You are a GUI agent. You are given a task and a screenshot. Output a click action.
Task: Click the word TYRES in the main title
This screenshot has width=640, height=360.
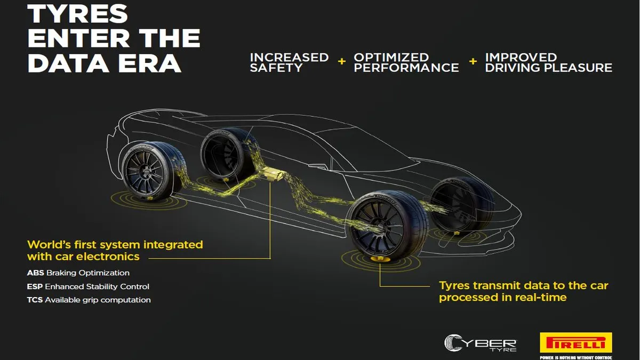tap(77, 14)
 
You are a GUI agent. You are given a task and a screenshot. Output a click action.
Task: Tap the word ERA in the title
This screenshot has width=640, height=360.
tap(149, 63)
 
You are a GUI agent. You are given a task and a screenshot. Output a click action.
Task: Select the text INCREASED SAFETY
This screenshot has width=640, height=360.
tap(289, 62)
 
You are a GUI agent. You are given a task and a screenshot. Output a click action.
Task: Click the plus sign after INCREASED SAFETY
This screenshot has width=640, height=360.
tap(341, 61)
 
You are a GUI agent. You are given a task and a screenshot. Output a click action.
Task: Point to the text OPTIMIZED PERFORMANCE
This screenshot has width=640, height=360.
tap(406, 62)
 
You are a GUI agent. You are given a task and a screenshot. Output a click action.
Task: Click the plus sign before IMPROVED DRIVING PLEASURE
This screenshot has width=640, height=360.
tap(473, 61)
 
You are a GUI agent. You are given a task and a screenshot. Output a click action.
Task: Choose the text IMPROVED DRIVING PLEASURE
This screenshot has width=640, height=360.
tap(549, 62)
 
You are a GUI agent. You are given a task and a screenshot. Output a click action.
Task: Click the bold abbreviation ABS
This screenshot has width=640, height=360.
tap(35, 273)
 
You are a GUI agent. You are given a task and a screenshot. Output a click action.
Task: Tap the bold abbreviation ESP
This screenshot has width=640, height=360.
tap(35, 286)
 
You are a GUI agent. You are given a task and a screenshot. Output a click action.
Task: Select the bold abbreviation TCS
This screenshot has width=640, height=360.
tap(35, 300)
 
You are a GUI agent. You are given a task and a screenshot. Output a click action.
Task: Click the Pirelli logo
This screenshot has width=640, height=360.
tap(575, 342)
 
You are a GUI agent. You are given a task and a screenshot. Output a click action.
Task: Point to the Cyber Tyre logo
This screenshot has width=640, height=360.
tap(481, 343)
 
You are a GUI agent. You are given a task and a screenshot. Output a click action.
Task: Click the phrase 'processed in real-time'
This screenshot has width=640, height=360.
tap(502, 298)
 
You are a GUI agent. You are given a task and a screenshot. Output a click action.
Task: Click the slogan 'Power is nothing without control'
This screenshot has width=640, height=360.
tap(575, 357)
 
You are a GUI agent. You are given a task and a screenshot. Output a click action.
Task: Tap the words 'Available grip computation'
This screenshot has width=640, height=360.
tap(98, 300)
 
